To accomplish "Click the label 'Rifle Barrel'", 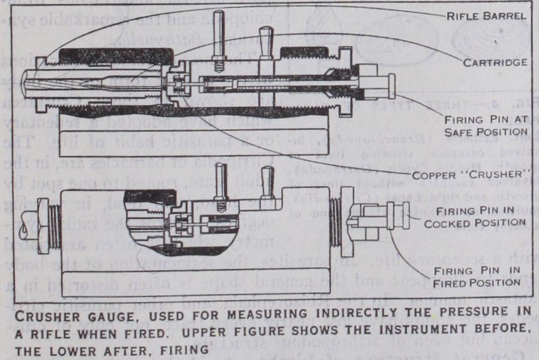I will [x=486, y=16].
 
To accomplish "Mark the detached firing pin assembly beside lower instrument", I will [x=378, y=217].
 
